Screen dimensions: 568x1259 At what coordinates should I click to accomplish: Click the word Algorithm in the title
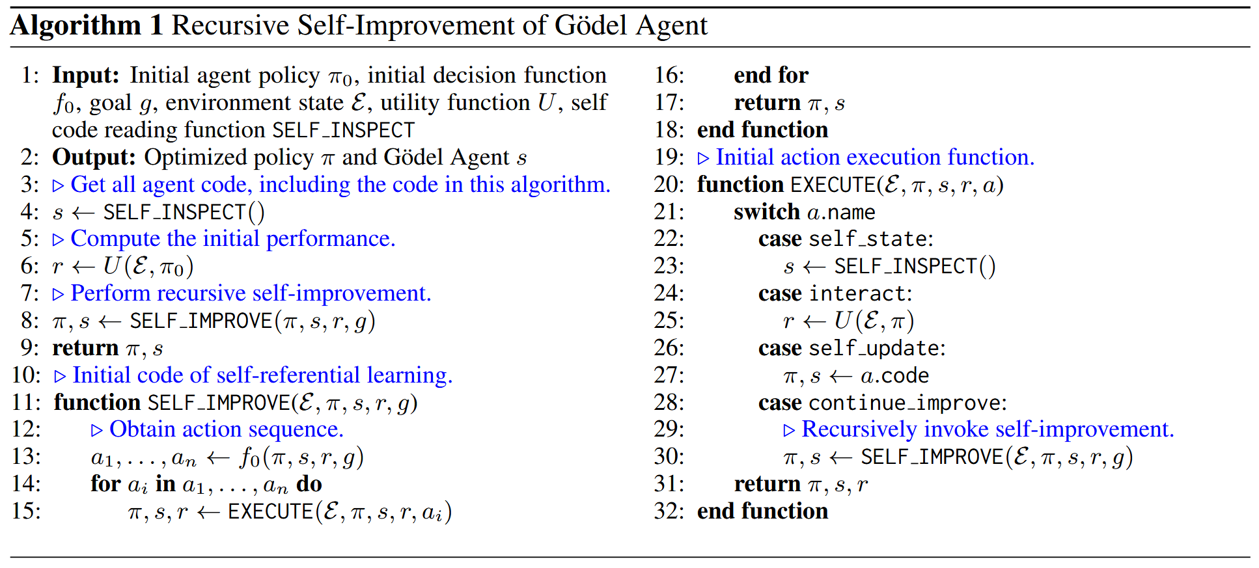76,26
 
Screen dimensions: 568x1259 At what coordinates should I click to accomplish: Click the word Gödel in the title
591,26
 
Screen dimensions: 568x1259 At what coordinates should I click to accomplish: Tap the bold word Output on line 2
94,157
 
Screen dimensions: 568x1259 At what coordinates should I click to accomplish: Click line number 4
29,212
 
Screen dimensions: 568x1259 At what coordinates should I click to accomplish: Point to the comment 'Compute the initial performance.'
232,239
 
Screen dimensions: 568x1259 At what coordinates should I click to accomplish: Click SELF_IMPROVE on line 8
201,321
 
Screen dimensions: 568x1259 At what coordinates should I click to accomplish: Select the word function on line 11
97,403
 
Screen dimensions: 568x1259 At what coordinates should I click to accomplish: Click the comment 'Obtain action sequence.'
226,429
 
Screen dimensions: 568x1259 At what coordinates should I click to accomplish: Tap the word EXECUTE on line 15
270,512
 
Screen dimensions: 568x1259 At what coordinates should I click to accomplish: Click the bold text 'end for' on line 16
771,75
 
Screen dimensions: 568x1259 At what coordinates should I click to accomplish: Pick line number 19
669,157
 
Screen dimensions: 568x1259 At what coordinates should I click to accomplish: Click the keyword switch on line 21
766,212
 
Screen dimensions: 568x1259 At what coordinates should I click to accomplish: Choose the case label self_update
875,349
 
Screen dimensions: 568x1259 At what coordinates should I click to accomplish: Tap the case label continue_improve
906,403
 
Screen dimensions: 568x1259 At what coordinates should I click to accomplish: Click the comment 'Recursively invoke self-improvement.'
987,429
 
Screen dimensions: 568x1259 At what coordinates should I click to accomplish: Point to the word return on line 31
767,485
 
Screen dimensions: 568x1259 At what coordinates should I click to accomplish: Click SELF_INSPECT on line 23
906,267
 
